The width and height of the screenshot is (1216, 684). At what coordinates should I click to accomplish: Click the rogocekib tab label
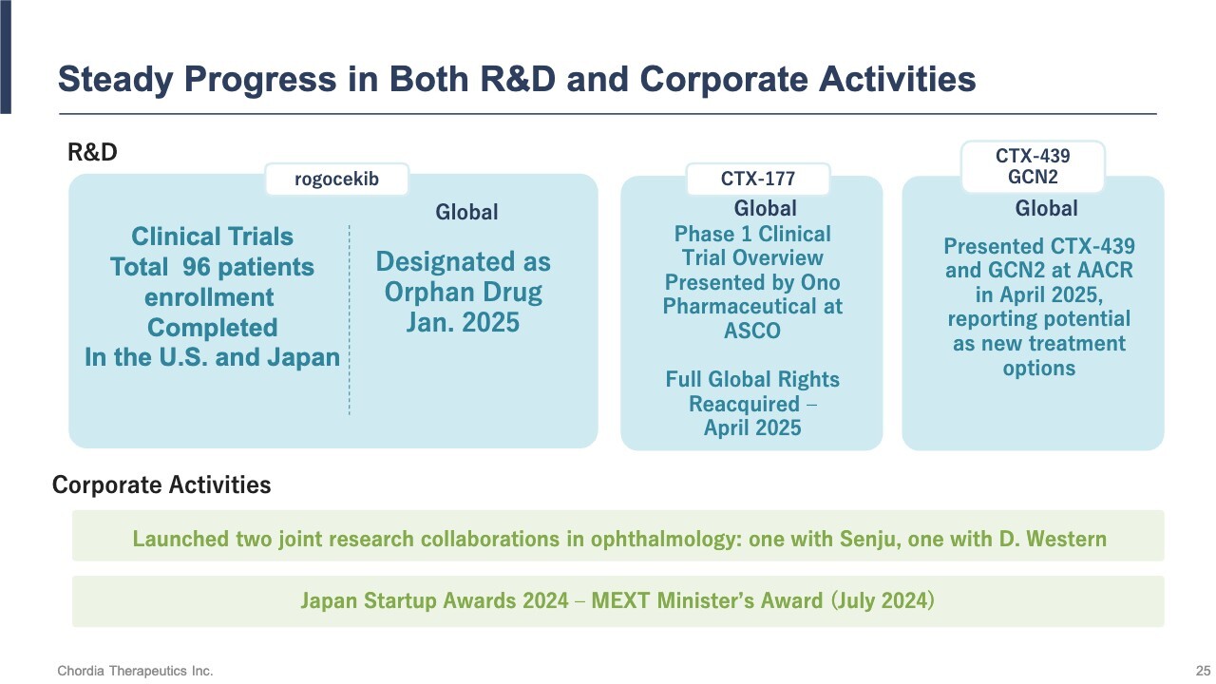[336, 180]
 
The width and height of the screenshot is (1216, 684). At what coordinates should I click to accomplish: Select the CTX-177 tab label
[758, 179]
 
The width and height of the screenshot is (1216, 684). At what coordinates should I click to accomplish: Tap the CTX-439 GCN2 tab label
[1033, 166]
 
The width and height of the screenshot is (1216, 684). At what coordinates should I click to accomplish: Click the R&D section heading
[92, 153]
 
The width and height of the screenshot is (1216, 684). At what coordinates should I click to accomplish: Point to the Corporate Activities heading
[161, 484]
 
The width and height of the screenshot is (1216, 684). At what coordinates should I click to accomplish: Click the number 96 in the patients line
[196, 267]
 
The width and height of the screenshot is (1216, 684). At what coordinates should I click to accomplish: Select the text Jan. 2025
[463, 322]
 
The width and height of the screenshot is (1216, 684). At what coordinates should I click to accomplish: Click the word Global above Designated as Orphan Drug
[466, 212]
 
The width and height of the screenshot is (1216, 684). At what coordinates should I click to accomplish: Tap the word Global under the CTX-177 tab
[766, 208]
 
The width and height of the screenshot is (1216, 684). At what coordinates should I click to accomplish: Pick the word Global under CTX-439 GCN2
[1047, 208]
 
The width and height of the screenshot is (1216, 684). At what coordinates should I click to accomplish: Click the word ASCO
[752, 331]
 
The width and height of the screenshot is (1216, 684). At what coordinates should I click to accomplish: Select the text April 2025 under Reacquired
[752, 427]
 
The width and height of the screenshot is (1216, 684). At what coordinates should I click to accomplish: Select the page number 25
[1203, 671]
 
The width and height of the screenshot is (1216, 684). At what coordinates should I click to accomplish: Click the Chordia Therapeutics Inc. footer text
[135, 671]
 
